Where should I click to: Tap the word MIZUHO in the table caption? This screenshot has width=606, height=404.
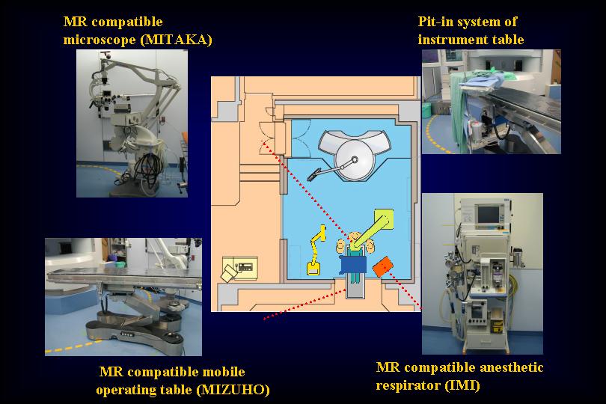pyautogui.click(x=233, y=390)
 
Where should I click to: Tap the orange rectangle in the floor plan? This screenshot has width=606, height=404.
pyautogui.click(x=382, y=267)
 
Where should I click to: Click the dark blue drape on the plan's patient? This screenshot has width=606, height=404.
pyautogui.click(x=353, y=266)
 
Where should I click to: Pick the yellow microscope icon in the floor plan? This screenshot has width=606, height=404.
pyautogui.click(x=316, y=251)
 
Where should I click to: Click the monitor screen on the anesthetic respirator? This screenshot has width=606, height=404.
pyautogui.click(x=489, y=215)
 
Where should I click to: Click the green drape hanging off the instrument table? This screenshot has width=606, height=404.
pyautogui.click(x=459, y=112)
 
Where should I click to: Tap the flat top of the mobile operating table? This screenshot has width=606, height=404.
pyautogui.click(x=123, y=276)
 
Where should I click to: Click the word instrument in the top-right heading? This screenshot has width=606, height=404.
pyautogui.click(x=447, y=40)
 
